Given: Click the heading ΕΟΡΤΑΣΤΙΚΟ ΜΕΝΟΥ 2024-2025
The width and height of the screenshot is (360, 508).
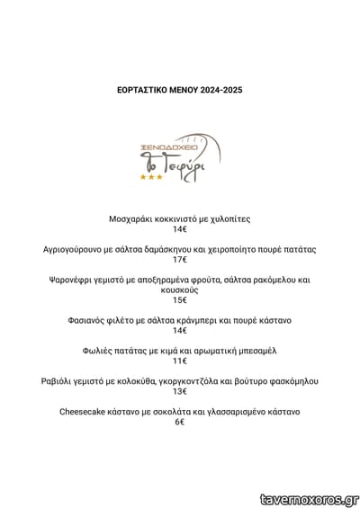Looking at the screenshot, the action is point(180,91).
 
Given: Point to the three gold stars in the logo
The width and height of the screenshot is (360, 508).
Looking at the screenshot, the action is point(149,177).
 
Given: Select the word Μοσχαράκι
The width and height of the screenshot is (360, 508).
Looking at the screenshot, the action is point(135,218).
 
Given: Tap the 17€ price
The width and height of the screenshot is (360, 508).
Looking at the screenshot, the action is point(180,259).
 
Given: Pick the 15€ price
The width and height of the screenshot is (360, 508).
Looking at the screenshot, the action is point(180,300).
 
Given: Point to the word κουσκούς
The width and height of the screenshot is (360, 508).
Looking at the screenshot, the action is point(180,290).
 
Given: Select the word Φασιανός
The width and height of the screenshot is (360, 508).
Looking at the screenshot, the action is point(94,320).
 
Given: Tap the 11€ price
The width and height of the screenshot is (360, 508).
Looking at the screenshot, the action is point(180,361).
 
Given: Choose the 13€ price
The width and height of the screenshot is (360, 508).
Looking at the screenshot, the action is point(180,391).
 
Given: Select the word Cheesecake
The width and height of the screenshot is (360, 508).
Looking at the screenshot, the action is point(85,411).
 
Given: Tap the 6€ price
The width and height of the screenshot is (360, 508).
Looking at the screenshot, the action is point(180,422).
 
